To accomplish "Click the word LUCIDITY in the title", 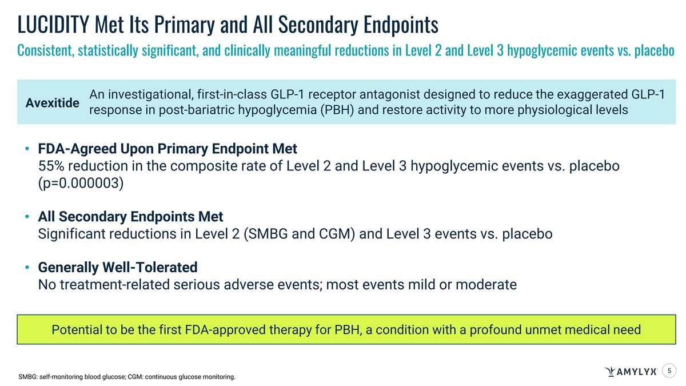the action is [53, 25].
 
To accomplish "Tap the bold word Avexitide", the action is [53, 103].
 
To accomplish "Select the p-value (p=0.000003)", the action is [81, 183].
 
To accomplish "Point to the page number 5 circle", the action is [669, 371].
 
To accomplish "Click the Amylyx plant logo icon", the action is [610, 371].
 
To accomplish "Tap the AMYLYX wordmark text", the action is [636, 372].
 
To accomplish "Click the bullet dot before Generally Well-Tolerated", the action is [27, 268].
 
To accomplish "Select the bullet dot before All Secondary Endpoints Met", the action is [27, 217].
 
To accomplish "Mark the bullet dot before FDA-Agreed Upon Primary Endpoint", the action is [27, 149].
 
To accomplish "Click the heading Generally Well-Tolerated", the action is [118, 268].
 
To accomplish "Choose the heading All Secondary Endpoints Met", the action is [130, 217].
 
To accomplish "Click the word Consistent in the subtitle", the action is [46, 50].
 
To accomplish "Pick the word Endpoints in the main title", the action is [401, 25].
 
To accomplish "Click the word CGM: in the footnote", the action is [135, 377].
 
